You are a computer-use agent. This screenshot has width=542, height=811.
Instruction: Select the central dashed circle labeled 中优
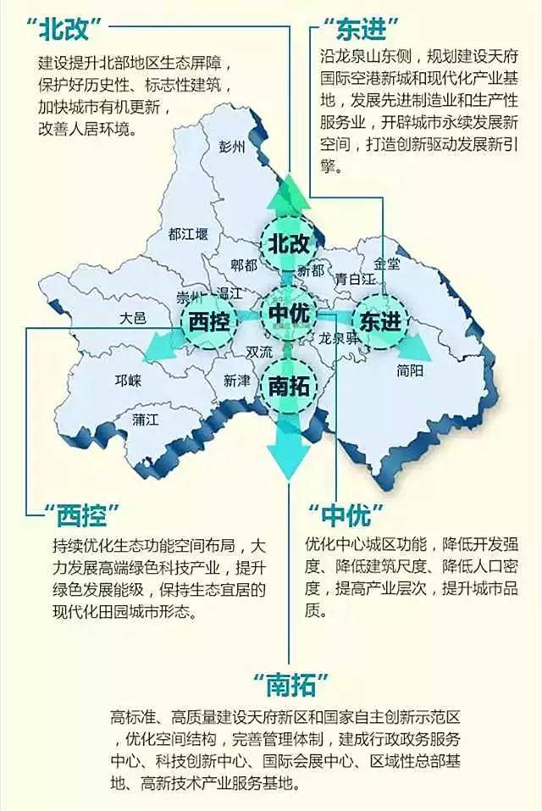click(290, 314)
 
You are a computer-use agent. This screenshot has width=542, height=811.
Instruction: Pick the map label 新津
click(237, 382)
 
